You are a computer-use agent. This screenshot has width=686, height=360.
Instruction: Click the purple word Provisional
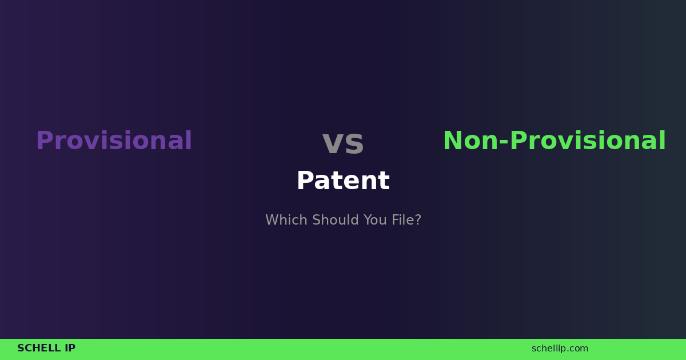(x=114, y=141)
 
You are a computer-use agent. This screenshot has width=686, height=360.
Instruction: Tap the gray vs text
(x=343, y=142)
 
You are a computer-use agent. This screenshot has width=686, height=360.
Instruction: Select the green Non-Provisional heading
(x=554, y=141)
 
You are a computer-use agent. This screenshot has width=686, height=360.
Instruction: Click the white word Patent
(x=343, y=181)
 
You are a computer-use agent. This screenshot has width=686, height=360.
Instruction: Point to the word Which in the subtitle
(x=282, y=220)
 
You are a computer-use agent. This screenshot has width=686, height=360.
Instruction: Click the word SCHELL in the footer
(x=38, y=349)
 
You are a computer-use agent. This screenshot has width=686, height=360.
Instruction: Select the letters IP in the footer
(x=70, y=349)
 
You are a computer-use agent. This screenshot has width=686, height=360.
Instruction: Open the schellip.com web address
(x=560, y=349)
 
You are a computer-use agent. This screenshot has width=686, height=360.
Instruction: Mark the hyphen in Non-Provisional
(x=504, y=143)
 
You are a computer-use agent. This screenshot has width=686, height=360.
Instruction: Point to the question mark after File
(x=418, y=220)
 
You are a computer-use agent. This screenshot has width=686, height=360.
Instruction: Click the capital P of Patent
(x=305, y=181)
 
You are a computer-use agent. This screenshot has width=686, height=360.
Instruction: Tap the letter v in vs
(x=332, y=143)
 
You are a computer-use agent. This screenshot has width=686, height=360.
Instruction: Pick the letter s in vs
(x=354, y=143)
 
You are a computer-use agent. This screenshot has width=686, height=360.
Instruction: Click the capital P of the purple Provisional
(x=44, y=141)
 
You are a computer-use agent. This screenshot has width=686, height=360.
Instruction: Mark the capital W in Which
(x=272, y=220)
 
